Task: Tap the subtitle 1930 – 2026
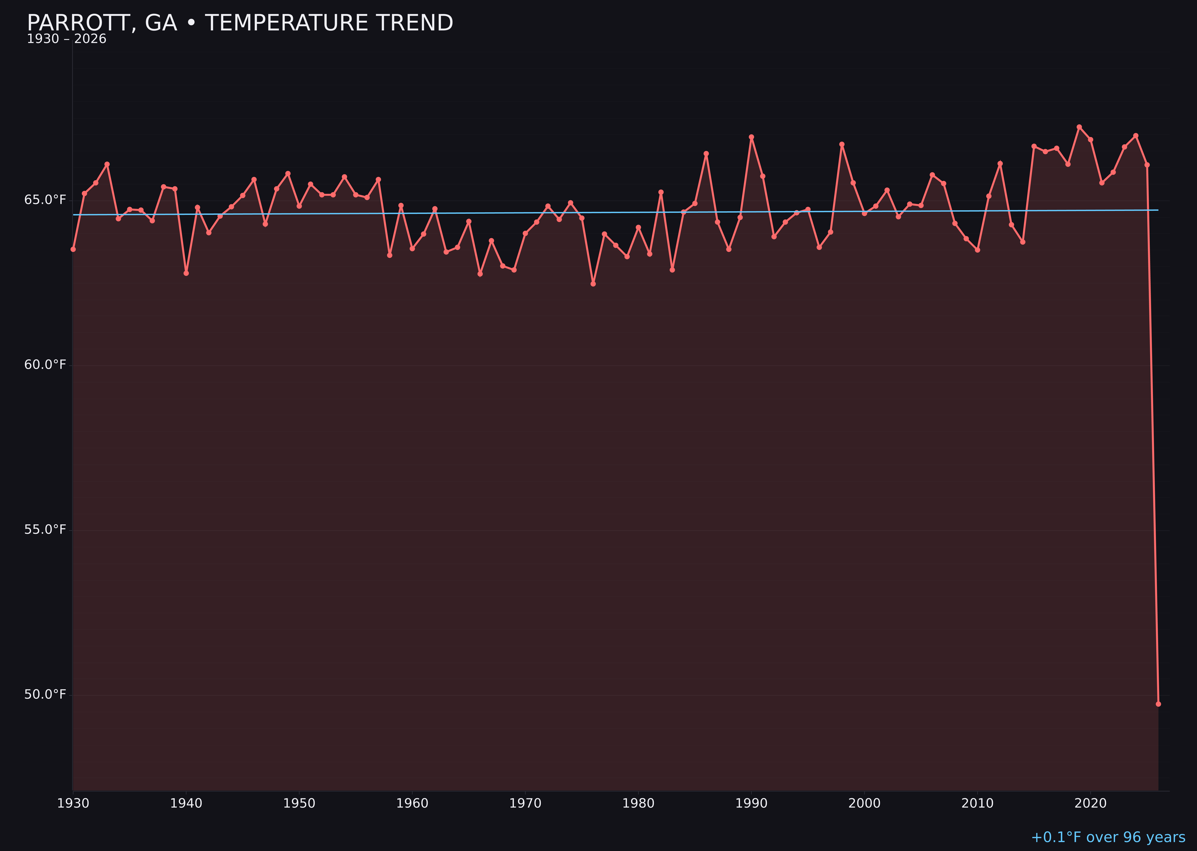tap(66, 39)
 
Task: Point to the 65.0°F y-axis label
tap(45, 200)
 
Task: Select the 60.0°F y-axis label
tap(45, 365)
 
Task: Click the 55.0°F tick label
tap(45, 530)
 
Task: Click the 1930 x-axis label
tap(73, 803)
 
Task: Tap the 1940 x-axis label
tap(186, 803)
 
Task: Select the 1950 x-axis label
tap(299, 803)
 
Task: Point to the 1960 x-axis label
tap(412, 803)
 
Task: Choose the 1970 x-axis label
tap(525, 803)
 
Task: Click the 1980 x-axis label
tap(638, 803)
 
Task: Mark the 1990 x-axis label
tap(751, 803)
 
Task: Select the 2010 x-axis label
tap(977, 803)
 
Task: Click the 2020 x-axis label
tap(1090, 803)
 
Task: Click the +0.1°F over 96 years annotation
tap(1108, 837)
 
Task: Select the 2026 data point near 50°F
tap(1158, 704)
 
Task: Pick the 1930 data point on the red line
tap(73, 249)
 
